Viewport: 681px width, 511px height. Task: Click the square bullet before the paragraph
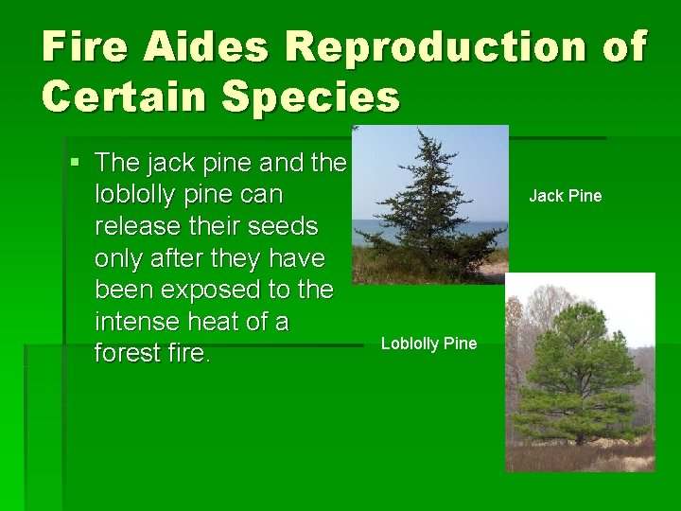[76, 163]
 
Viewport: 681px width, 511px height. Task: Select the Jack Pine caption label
[565, 196]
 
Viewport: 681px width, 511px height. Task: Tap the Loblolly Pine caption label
[428, 344]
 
